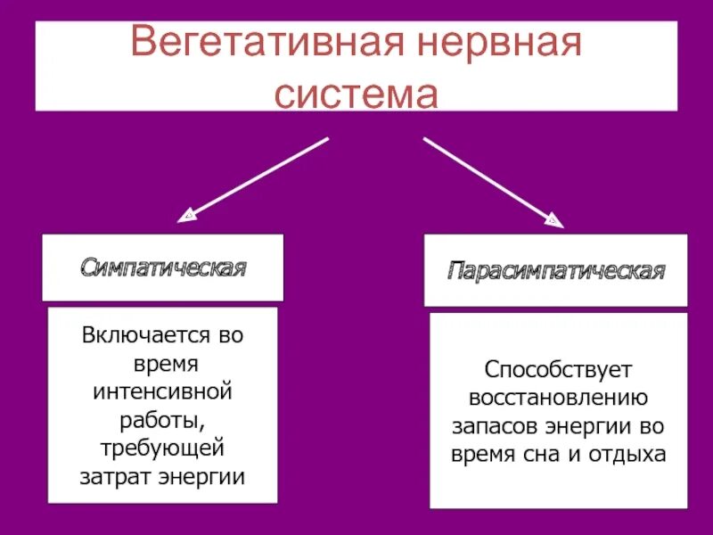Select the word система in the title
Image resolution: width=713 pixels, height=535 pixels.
pos(356,93)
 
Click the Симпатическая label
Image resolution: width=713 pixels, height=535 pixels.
pos(163,267)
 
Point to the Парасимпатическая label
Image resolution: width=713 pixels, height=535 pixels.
pos(557,270)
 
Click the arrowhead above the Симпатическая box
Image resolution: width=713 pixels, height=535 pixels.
pos(188,214)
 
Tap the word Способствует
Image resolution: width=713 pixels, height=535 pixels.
pos(558,368)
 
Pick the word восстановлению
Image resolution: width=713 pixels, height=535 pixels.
pos(558,397)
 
